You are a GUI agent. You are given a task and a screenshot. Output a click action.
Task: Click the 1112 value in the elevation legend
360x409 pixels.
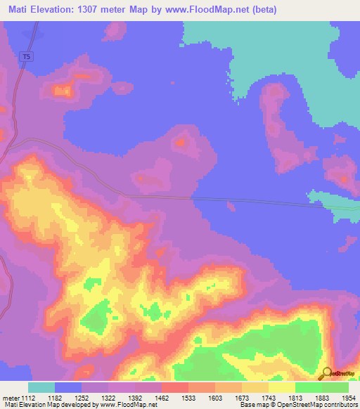tap(28, 398)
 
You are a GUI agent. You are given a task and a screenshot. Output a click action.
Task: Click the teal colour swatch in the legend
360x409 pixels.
tap(41, 387)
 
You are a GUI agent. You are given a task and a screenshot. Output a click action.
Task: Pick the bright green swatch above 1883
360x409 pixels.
tap(309, 387)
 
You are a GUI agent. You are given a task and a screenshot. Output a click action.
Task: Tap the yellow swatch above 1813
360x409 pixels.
tap(282, 387)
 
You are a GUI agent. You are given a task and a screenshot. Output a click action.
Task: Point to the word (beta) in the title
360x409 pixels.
tap(262, 10)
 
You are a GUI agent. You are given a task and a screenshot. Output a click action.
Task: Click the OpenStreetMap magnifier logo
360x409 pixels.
tap(326, 374)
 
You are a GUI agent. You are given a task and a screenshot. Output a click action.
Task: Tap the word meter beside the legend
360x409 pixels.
tap(11, 398)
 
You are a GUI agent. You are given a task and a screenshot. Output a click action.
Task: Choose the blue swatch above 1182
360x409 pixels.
tap(68, 387)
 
